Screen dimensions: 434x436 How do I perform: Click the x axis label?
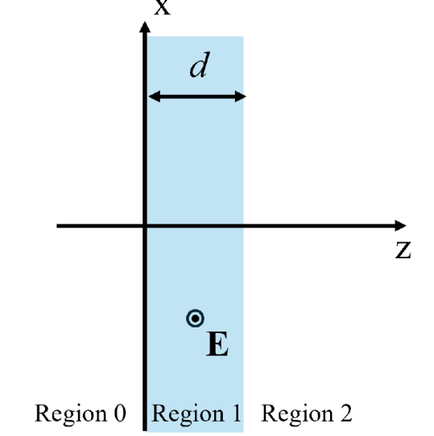click(x=163, y=7)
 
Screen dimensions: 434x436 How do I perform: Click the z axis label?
click(x=403, y=250)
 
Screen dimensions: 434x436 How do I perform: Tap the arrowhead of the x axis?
click(x=145, y=27)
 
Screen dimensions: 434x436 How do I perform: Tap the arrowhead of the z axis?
click(x=400, y=225)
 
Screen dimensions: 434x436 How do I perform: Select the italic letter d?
click(x=200, y=65)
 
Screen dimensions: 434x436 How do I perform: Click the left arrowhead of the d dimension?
click(x=155, y=97)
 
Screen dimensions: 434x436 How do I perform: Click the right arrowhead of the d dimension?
click(x=241, y=97)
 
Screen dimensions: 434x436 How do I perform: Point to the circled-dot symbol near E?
click(x=195, y=319)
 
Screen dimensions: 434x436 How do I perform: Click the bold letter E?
click(x=217, y=344)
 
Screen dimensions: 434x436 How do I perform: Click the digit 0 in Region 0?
click(x=120, y=413)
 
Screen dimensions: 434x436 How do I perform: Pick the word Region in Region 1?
click(x=188, y=414)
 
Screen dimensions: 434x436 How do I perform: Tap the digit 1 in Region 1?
click(x=236, y=413)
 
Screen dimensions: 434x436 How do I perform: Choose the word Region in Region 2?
click(x=298, y=414)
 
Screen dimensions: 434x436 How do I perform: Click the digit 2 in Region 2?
click(x=346, y=413)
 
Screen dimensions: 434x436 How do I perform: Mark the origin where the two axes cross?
click(x=145, y=226)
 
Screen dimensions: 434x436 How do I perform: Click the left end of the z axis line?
click(x=57, y=226)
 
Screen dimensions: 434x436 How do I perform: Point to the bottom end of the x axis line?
click(x=145, y=430)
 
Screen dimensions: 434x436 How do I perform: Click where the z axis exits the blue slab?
click(x=244, y=226)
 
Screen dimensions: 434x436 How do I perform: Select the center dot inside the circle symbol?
click(x=195, y=319)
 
